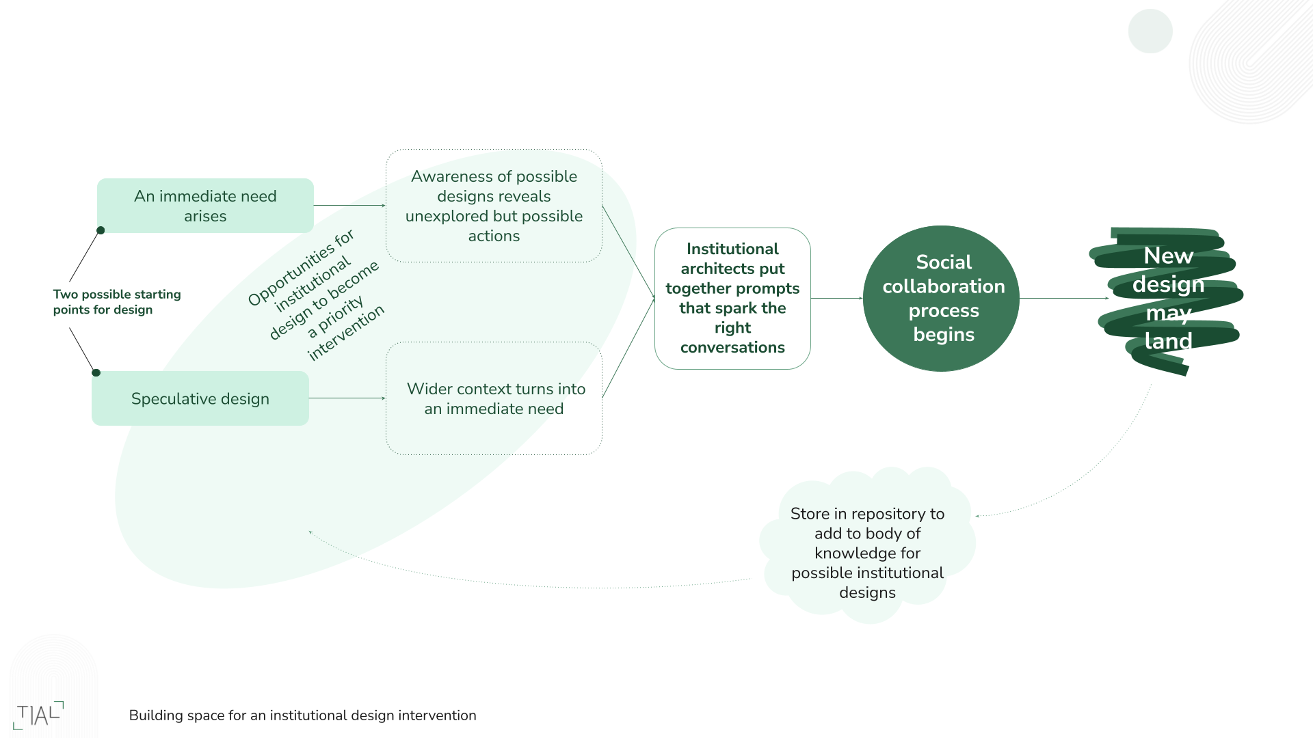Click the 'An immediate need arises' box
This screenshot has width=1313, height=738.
[205, 206]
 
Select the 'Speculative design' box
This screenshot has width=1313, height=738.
[200, 398]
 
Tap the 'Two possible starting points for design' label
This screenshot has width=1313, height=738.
[117, 301]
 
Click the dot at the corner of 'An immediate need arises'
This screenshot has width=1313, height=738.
[101, 230]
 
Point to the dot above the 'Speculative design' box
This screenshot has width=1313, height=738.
[96, 372]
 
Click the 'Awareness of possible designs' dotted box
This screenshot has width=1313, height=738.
[494, 206]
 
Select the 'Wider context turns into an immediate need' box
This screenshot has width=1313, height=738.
[494, 398]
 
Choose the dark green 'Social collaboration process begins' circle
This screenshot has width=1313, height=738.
[941, 299]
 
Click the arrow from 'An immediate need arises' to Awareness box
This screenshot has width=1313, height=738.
[349, 205]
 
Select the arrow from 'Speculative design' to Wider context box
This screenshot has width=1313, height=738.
[347, 398]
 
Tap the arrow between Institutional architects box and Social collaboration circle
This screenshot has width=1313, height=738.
[836, 298]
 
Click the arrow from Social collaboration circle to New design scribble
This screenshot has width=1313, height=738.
[1063, 298]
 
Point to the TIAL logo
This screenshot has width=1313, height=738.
[38, 715]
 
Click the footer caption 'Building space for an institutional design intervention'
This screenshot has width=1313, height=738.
[302, 715]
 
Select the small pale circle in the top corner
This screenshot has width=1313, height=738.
[1150, 31]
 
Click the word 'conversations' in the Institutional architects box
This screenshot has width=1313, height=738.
[732, 347]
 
